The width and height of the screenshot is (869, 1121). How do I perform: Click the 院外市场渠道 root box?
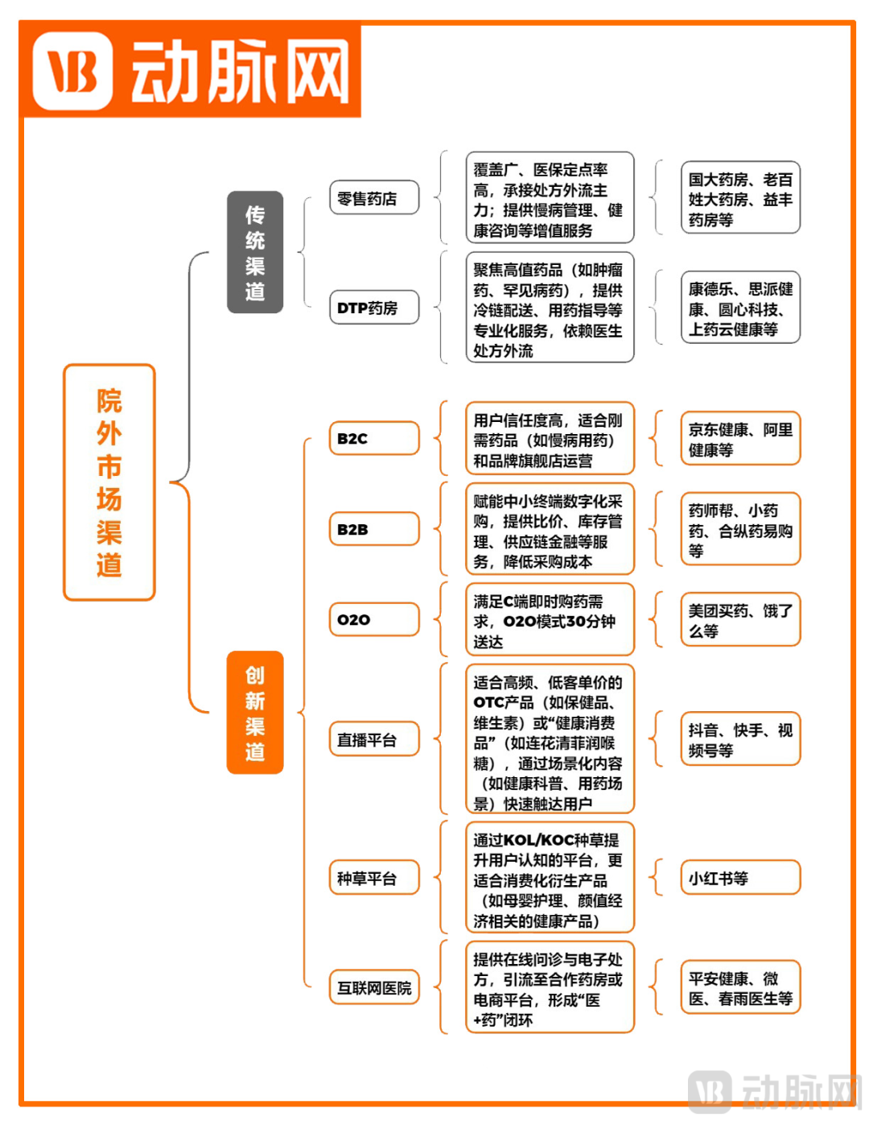coord(109,482)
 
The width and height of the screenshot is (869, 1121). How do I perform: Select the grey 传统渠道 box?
coord(254,252)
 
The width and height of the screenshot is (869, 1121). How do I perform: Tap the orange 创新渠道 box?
coord(254,712)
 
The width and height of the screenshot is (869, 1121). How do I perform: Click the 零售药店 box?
coord(374,197)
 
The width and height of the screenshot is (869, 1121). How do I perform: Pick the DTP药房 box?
coord(374,307)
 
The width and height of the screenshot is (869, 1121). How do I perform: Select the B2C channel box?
coord(374,438)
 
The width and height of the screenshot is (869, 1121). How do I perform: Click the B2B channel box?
coord(374,528)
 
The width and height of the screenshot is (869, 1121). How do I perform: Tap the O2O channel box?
coord(374,618)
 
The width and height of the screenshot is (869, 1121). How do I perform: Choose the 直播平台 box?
coord(374,738)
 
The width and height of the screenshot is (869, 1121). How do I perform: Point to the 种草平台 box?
coord(374,876)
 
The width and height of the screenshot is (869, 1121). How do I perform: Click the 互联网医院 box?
coord(374,987)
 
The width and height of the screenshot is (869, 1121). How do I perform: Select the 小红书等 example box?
coord(740,876)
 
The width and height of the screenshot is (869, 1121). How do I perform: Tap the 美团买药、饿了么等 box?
coord(740,619)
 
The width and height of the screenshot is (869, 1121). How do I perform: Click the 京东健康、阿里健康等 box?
coord(740,438)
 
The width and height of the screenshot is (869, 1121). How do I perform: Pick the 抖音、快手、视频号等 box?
coord(740,738)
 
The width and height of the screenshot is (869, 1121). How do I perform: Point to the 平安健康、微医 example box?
coord(740,987)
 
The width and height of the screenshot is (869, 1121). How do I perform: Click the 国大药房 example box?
coord(740,197)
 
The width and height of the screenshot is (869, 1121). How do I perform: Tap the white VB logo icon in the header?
coord(72,71)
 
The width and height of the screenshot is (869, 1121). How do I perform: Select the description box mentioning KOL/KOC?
coord(550,877)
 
